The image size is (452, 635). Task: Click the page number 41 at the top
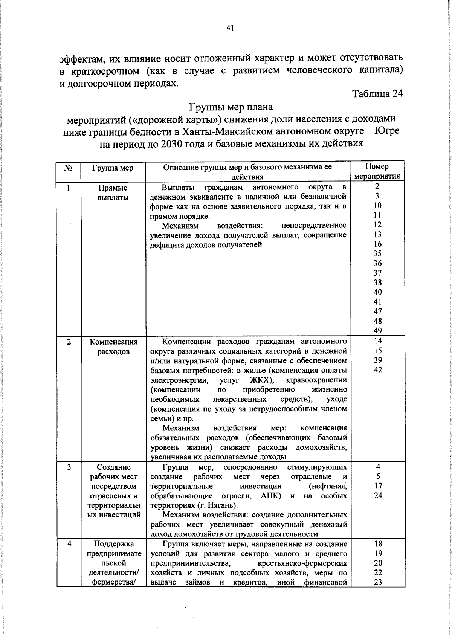[x=231, y=27]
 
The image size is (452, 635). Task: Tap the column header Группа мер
[x=113, y=168]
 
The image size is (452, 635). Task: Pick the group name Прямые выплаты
[x=113, y=192]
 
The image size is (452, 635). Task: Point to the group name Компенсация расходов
[x=113, y=347]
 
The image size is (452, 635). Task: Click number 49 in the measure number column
[x=377, y=330]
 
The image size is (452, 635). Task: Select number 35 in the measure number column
[x=377, y=253]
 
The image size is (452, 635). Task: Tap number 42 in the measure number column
[x=377, y=369]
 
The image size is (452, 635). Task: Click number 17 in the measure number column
[x=378, y=486]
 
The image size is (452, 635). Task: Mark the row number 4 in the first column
[x=69, y=544]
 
